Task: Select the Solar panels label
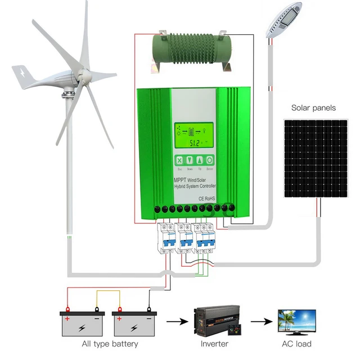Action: [x=313, y=107]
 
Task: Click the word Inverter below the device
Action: [x=214, y=344]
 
